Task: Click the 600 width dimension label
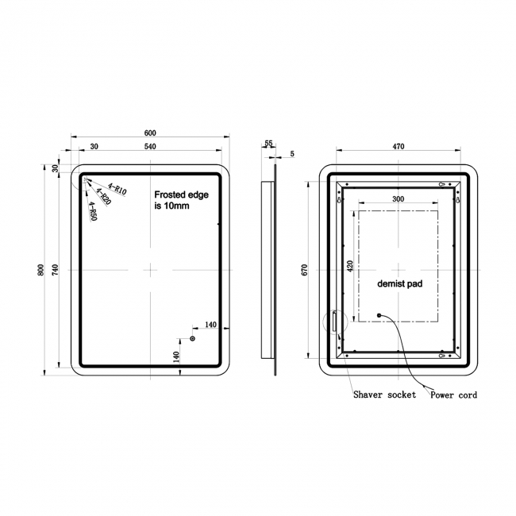[150, 133]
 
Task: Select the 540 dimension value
[150, 146]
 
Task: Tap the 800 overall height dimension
[40, 270]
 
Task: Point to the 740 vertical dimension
[55, 270]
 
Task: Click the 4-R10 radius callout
[117, 189]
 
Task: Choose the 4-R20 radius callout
[104, 196]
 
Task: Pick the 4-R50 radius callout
[93, 211]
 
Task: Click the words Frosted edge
[181, 194]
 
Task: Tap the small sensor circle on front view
[193, 339]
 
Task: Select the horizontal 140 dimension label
[211, 325]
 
